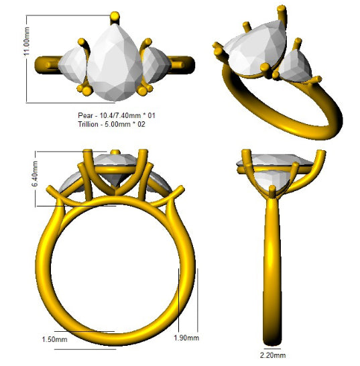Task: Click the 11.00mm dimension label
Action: (27, 42)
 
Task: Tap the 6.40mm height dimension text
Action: (35, 174)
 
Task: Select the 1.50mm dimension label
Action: (54, 339)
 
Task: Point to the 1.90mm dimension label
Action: (186, 338)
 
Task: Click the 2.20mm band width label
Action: (273, 355)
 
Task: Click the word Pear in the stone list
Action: (85, 115)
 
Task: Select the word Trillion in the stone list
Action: (88, 124)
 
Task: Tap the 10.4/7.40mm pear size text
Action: (120, 115)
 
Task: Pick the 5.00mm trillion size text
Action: (117, 124)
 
